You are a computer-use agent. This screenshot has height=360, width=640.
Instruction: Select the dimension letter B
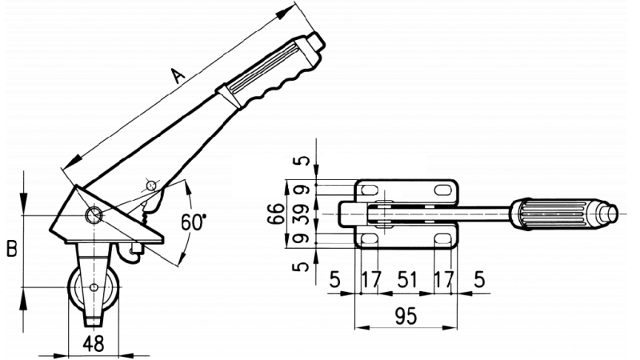point(11,249)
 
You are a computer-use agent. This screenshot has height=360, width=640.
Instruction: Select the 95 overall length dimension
point(406,316)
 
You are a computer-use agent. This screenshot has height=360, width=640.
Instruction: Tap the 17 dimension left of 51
point(372,280)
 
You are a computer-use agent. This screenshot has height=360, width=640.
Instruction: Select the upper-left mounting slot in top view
point(370,189)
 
